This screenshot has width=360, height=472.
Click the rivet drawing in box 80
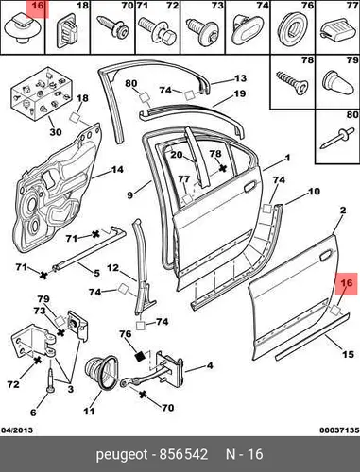335,139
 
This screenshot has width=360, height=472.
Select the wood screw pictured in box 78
291,82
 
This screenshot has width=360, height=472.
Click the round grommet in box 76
293,30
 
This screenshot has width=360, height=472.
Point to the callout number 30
56,132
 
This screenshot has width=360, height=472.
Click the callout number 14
117,170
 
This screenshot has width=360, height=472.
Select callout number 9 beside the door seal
130,195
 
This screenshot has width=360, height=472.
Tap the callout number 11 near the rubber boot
89,411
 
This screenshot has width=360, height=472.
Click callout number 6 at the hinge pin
33,412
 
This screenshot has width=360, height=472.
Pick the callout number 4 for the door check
210,365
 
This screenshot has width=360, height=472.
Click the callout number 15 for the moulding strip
348,354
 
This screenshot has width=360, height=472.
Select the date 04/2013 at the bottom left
17,430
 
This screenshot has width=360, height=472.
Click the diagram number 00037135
339,430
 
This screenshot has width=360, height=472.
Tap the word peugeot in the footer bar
122,455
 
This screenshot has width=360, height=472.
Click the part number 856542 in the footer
183,454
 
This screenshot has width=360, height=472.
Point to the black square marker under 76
140,356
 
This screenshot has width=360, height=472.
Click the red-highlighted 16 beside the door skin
347,284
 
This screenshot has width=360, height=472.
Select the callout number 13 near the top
240,77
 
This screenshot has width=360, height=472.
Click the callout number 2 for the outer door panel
343,211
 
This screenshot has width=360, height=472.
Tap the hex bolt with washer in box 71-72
158,30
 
